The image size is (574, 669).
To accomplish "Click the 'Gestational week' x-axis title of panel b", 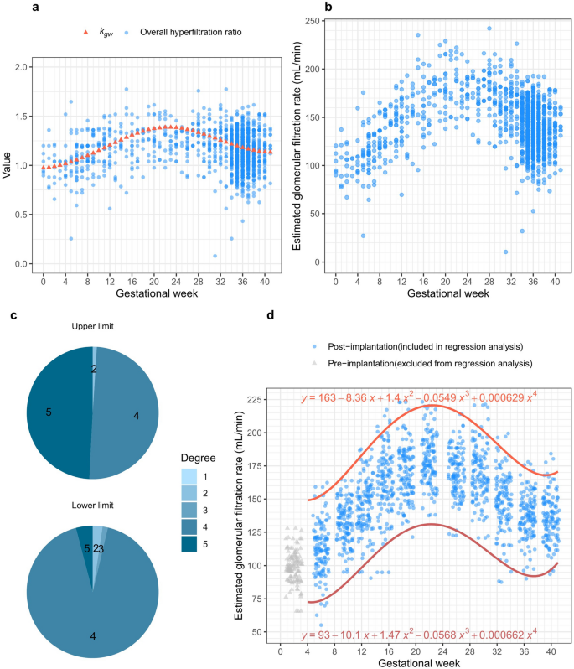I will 441,294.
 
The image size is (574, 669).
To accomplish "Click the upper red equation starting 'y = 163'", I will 419,397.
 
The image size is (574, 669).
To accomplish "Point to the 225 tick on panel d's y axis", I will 259,399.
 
